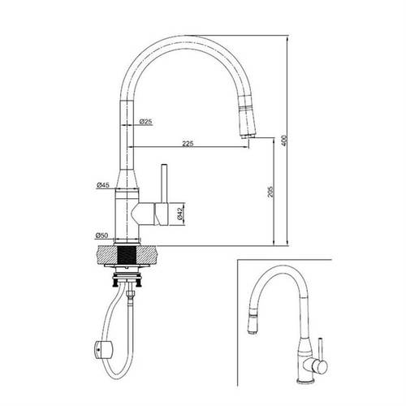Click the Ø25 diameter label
coord(146,122)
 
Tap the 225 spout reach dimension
coord(188,144)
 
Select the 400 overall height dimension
coord(283,140)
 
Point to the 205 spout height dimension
coord(270,192)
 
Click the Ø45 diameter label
coord(103,185)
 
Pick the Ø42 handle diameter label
coord(180,214)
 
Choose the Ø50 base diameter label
coord(101,235)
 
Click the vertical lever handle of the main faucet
coord(164,184)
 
